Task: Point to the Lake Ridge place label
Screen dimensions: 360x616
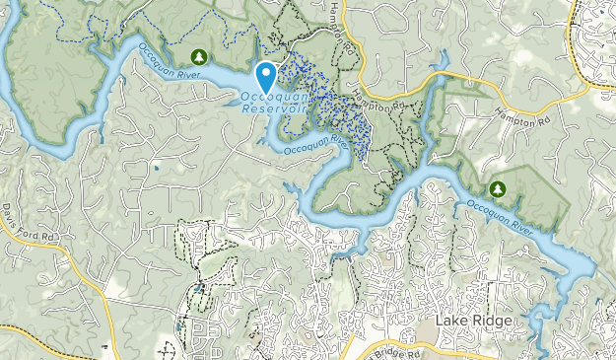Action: (473, 323)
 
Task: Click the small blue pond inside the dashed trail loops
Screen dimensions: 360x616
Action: (198, 288)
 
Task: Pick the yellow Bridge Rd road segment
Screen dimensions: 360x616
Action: (434, 347)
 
